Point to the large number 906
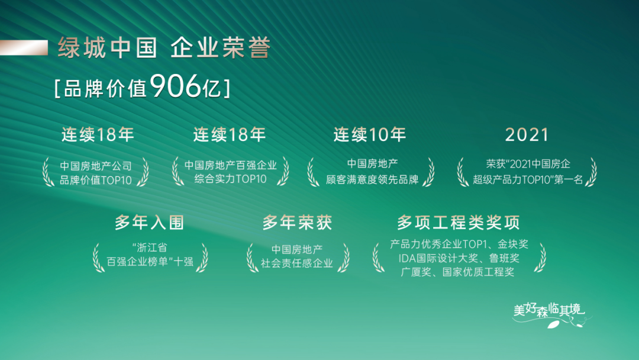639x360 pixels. coord(176,88)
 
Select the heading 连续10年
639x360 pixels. coord(370,135)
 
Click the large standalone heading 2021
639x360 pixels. coord(527,135)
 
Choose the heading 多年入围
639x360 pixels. coord(149,223)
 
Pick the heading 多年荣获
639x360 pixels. coord(297,223)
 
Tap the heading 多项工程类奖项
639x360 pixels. coord(459,223)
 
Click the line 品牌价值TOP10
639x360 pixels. coord(96,180)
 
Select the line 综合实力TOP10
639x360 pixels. coord(231,179)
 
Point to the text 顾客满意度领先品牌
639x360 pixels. coord(372,179)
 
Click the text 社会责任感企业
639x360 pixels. coord(297,263)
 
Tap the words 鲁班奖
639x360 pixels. coord(504,258)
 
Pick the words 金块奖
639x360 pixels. coord(513,244)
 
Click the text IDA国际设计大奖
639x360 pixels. coord(435,258)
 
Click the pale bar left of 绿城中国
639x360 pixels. coord(24,47)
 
